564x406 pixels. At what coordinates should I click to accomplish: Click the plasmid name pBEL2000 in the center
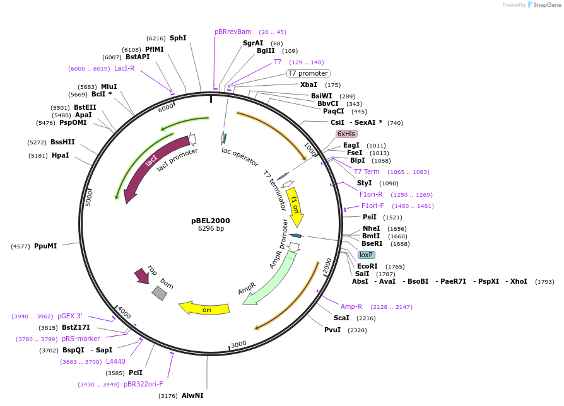click(x=211, y=221)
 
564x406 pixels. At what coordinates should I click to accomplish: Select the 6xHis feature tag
click(x=346, y=134)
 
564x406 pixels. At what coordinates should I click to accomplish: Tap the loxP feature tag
click(x=366, y=255)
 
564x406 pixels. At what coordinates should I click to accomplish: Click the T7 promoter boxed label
click(x=308, y=73)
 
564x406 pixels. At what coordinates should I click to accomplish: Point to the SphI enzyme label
click(x=178, y=38)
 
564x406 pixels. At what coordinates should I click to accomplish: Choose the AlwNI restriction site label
click(x=192, y=395)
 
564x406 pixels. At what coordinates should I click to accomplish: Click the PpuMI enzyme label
click(x=45, y=246)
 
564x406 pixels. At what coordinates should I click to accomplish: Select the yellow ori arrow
click(x=204, y=308)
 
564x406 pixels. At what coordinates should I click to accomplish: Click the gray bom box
click(x=160, y=293)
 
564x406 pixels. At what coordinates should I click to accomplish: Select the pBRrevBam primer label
click(x=233, y=32)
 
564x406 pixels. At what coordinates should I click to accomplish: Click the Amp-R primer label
click(x=351, y=306)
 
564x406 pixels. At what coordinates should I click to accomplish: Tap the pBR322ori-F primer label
click(x=143, y=384)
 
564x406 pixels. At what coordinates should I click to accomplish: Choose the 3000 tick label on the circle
click(x=238, y=344)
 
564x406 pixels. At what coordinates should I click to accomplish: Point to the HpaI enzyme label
click(x=61, y=155)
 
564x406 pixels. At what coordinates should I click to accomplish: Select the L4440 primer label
click(x=115, y=361)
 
